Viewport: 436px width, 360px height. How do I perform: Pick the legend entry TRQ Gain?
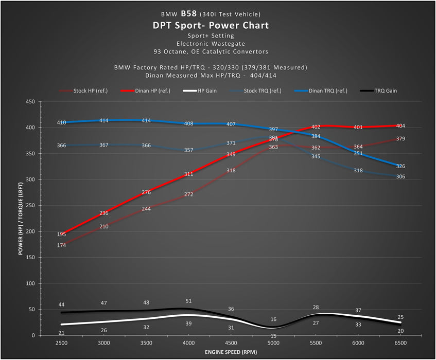[x=385, y=91]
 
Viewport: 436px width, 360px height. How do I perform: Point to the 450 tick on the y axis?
[x=29, y=102]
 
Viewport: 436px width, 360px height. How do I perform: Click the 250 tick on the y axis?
[x=29, y=206]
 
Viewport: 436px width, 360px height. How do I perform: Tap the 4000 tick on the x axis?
[x=188, y=343]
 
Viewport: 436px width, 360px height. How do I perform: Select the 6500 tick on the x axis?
[x=400, y=343]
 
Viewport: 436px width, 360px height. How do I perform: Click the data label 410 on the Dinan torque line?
[x=62, y=122]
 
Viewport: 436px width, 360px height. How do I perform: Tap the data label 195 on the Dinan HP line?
[x=62, y=235]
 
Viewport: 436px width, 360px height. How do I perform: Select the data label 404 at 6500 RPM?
[x=400, y=125]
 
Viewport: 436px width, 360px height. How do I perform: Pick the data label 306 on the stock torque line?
[x=400, y=176]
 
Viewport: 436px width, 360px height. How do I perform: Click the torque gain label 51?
[x=188, y=301]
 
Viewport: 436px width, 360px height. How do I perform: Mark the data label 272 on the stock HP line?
[x=188, y=194]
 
